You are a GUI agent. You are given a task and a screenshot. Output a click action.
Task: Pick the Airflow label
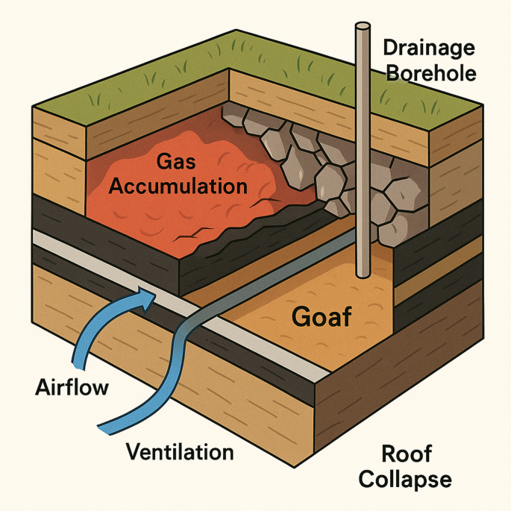[x=72, y=388]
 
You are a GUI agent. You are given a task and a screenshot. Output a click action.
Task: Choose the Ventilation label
[x=180, y=451]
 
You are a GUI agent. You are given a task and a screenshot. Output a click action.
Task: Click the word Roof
[x=407, y=453]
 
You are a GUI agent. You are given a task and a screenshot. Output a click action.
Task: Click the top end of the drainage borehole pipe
[x=363, y=28]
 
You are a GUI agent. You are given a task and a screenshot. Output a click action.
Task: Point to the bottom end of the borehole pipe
[x=363, y=275]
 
